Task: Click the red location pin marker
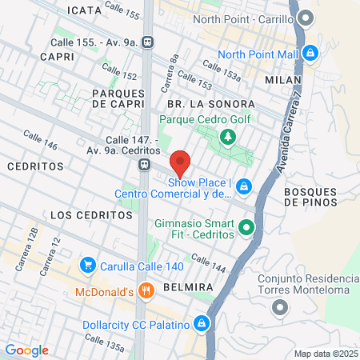tap(181, 163)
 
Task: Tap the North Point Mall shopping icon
tap(310, 54)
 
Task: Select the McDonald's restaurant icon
tap(145, 292)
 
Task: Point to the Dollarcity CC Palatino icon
tap(202, 325)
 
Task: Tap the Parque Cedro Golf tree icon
tap(228, 138)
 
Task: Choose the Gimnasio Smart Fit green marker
tap(247, 227)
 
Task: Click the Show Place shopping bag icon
tap(244, 187)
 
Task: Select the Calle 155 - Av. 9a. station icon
tap(147, 42)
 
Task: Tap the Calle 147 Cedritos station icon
tap(144, 165)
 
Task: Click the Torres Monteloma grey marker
tap(279, 307)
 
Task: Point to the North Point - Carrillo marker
tap(304, 18)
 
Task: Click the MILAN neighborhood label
tap(286, 81)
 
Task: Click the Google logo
tap(26, 350)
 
